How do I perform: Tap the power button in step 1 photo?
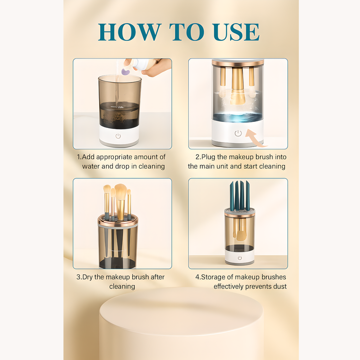point(118,136)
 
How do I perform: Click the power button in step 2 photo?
point(238,133)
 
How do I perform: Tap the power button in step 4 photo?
point(239,258)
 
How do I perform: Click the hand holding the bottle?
point(157,66)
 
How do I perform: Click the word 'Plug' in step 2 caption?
point(209,157)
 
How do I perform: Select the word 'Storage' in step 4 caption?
point(221,277)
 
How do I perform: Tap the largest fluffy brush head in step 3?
point(121,191)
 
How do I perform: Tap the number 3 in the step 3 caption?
point(78,277)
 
